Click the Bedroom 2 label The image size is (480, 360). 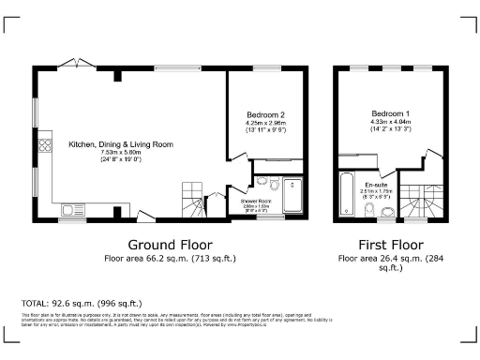pos(264,114)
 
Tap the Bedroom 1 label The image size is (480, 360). pos(389,113)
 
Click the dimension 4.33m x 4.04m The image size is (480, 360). pos(389,122)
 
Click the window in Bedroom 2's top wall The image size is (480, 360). pos(264,67)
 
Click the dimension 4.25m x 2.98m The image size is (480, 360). pos(264,123)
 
